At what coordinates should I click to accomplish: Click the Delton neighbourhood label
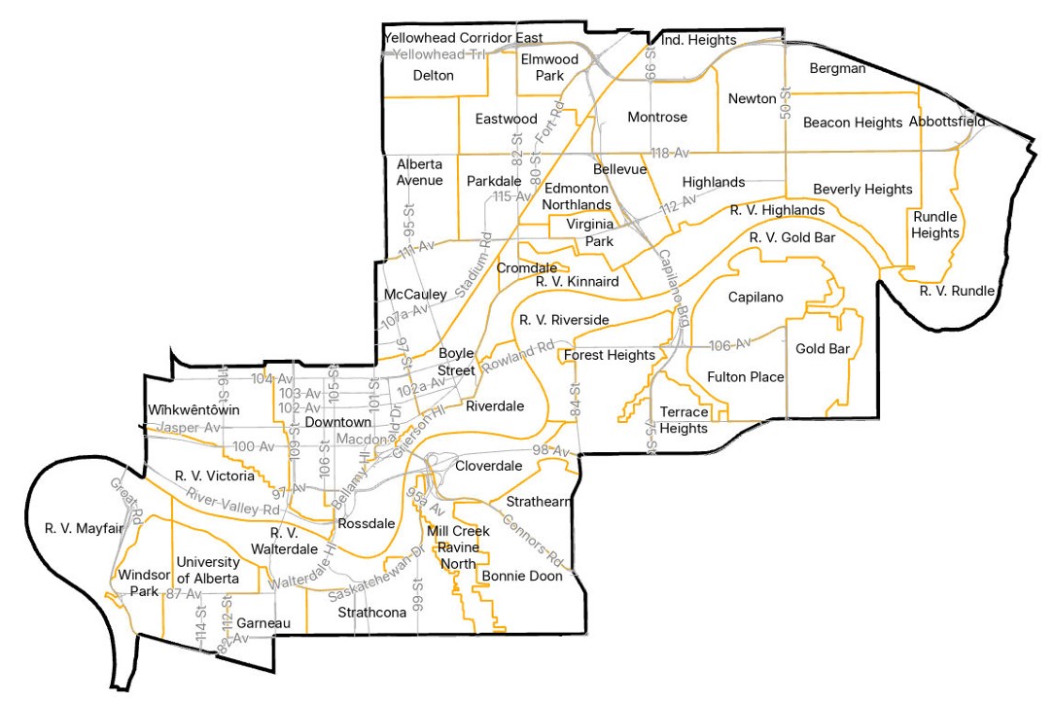pyautogui.click(x=434, y=76)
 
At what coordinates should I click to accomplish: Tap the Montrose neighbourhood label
pyautogui.click(x=657, y=118)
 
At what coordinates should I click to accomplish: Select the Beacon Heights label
pyautogui.click(x=853, y=123)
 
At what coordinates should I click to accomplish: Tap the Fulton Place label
pyautogui.click(x=746, y=377)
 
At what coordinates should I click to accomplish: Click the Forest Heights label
pyautogui.click(x=610, y=356)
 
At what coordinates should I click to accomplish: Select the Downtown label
pyautogui.click(x=337, y=423)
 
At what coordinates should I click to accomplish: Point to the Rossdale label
pyautogui.click(x=364, y=524)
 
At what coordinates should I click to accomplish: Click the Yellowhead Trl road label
pyautogui.click(x=433, y=54)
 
